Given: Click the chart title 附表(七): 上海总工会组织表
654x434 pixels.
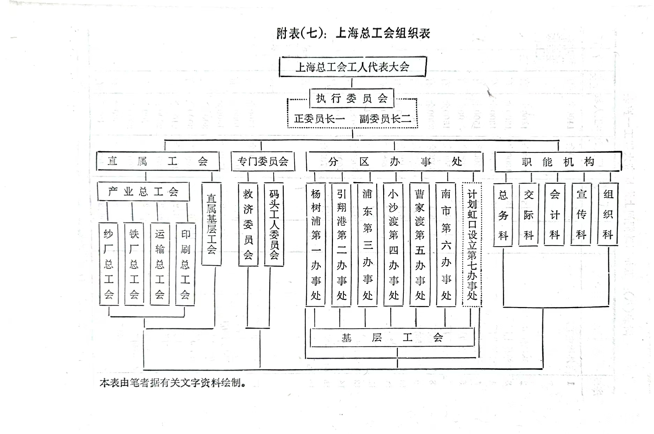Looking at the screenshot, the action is click(x=353, y=33).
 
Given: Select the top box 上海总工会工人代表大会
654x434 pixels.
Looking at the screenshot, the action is click(x=352, y=67).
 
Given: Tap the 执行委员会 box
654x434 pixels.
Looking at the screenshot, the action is click(x=352, y=98).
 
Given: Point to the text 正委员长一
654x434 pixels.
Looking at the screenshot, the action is click(x=319, y=119).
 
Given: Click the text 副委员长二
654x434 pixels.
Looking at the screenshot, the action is click(x=385, y=119).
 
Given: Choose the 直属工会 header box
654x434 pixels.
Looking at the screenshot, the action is click(x=158, y=161).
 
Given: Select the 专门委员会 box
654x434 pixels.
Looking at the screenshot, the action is click(x=263, y=162).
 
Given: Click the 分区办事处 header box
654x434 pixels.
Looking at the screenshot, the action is click(x=394, y=162).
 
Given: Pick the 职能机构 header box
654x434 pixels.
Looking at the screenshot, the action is click(x=558, y=162).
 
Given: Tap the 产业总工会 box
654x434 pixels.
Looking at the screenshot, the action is click(x=143, y=192).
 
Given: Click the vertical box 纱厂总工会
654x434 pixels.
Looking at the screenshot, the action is click(x=109, y=264).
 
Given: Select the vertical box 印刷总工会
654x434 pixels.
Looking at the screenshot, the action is click(x=185, y=264).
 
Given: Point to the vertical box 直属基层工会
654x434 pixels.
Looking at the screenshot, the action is click(x=211, y=224).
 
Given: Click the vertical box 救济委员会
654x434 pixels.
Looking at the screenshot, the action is click(x=248, y=224).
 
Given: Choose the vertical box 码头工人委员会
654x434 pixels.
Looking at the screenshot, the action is click(x=274, y=224).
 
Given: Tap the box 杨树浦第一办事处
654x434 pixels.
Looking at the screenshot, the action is click(x=316, y=245).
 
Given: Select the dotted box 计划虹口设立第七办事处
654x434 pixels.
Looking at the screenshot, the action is click(x=472, y=245).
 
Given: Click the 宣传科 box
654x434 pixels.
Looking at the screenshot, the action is click(x=581, y=214).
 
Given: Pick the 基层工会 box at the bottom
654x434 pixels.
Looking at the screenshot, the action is click(x=392, y=337).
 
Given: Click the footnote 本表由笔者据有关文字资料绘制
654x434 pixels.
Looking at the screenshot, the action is click(x=173, y=383).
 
